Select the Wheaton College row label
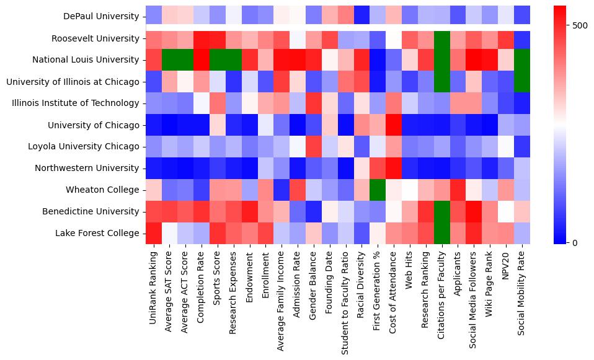(x=109, y=190)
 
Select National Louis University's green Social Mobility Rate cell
(x=522, y=60)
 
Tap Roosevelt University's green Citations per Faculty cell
(x=442, y=38)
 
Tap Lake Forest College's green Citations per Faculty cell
(x=442, y=233)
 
